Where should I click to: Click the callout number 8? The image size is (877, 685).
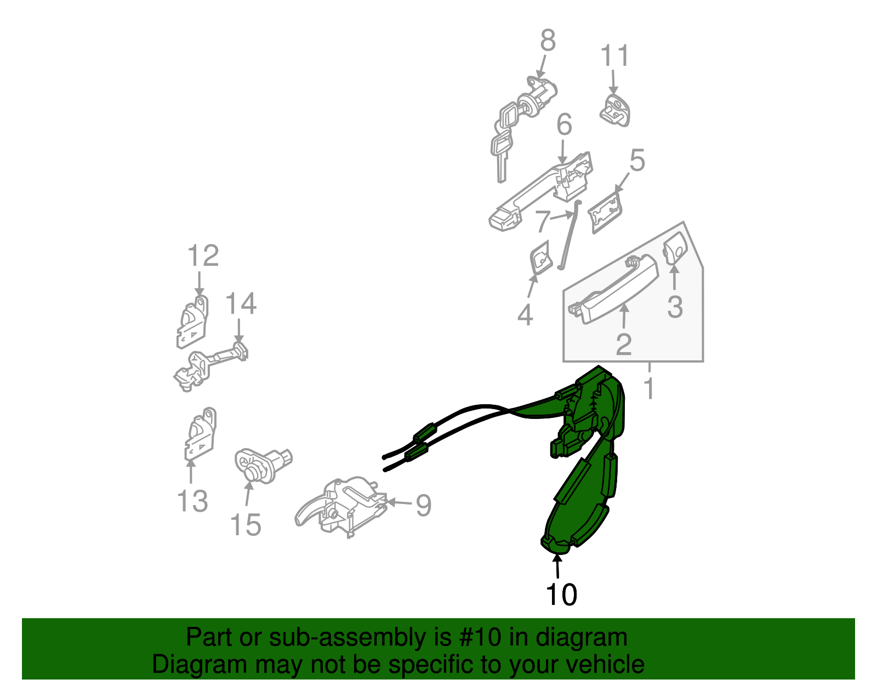(x=548, y=41)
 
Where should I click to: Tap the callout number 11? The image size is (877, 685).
(x=614, y=55)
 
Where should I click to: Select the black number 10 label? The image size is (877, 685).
(x=561, y=595)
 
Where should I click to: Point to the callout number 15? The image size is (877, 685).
(x=246, y=525)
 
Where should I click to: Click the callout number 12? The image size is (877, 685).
(x=203, y=256)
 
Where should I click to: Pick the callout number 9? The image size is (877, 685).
(x=423, y=505)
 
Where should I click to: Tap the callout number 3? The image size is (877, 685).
(x=675, y=307)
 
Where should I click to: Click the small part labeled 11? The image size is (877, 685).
(x=614, y=110)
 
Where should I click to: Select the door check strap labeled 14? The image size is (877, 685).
(x=210, y=367)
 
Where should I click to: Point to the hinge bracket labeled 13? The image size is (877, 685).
(x=200, y=434)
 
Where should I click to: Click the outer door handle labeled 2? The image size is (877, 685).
(x=613, y=288)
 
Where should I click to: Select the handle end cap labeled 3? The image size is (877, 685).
(x=675, y=248)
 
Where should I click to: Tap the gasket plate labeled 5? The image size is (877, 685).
(x=605, y=212)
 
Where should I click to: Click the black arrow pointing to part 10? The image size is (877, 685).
(x=557, y=567)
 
